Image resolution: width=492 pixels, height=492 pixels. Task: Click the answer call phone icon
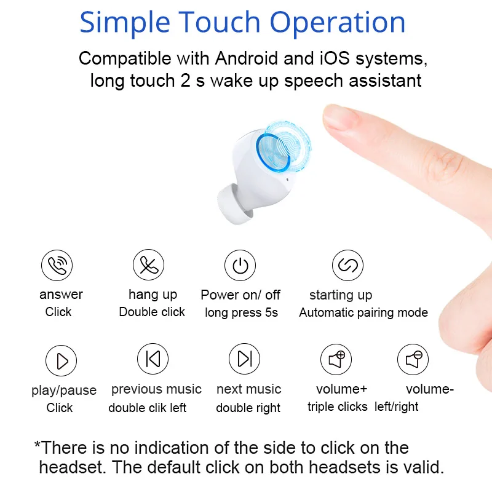(57, 265)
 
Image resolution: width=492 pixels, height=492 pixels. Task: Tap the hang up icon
(148, 265)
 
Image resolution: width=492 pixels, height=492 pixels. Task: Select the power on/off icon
(240, 266)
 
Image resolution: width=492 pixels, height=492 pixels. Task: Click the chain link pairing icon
(347, 265)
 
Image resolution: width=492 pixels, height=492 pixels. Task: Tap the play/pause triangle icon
(61, 360)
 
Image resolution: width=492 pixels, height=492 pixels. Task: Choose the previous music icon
(153, 359)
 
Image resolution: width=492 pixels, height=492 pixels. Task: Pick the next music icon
(244, 359)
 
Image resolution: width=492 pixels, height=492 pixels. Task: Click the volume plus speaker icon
(336, 359)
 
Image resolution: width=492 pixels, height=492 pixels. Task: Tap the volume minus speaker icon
(413, 359)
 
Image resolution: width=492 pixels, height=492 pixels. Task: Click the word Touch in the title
(220, 22)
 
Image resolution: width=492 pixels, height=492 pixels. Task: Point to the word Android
(247, 58)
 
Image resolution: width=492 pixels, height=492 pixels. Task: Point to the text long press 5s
(241, 312)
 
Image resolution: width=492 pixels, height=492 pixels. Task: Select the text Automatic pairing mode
(363, 312)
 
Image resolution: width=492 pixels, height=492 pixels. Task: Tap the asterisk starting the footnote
(38, 445)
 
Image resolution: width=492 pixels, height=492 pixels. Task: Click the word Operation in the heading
(337, 23)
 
